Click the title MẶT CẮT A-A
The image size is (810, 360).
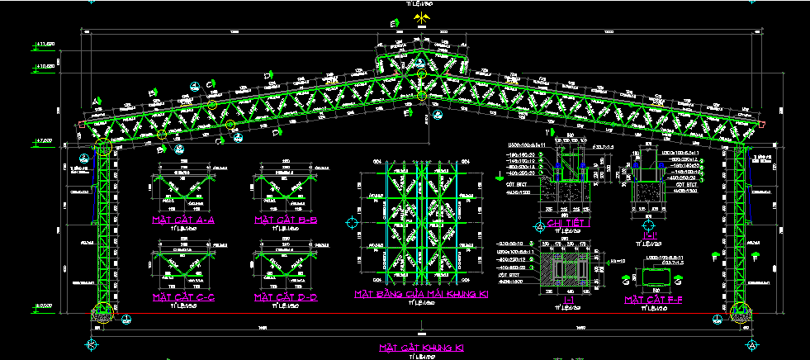click(182, 220)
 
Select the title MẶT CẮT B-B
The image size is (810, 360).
click(285, 220)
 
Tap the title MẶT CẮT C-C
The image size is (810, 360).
click(182, 296)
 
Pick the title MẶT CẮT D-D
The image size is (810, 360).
click(285, 296)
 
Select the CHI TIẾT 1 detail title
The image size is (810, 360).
click(566, 223)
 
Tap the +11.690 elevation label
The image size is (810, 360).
click(43, 43)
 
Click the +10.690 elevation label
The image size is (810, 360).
click(43, 65)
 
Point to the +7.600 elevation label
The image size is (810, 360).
click(43, 142)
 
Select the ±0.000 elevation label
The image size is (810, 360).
click(43, 307)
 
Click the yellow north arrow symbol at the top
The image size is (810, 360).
click(422, 17)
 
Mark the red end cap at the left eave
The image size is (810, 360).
click(81, 125)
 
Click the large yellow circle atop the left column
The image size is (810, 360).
click(103, 148)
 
